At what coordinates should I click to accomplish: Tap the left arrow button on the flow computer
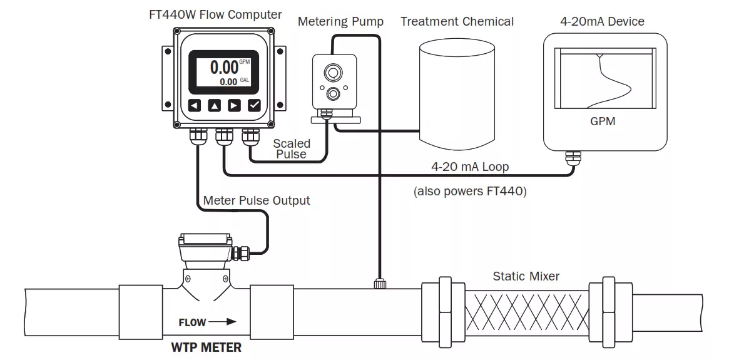[x=195, y=105]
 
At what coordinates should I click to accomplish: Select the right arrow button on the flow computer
[x=234, y=105]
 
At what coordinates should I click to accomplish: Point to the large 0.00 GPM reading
[x=223, y=67]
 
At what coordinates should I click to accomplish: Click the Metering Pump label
[x=340, y=22]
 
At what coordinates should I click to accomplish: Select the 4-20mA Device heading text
[x=602, y=22]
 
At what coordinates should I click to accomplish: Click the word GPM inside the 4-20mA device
[x=603, y=121]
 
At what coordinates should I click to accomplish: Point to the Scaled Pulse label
[x=292, y=149]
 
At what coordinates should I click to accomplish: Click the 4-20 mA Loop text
[x=470, y=167]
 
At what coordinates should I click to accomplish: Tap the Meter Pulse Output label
[x=257, y=201]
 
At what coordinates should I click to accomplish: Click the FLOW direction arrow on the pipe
[x=223, y=322]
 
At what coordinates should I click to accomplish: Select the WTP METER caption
[x=206, y=347]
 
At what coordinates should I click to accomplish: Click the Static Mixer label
[x=526, y=276]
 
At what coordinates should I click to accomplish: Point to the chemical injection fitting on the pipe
[x=379, y=284]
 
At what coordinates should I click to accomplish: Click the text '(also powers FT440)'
[x=470, y=192]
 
